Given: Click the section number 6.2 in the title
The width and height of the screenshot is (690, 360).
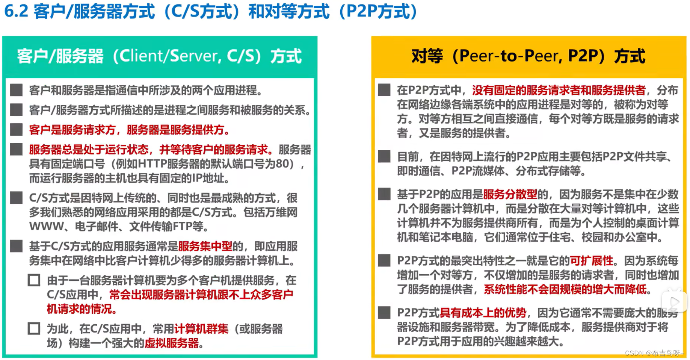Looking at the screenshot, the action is tap(16, 11).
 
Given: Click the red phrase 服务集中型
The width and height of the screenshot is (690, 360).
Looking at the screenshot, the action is tap(205, 247).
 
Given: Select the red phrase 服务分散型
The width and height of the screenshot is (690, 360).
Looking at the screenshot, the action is tap(510, 194).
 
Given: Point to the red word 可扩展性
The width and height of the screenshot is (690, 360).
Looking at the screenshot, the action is tap(592, 261).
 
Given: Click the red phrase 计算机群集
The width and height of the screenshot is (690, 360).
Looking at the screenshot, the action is tap(201, 329).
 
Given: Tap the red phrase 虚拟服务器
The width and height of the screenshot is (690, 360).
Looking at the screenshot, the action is tap(172, 343).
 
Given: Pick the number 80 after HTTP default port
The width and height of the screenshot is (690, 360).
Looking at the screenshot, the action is tap(285, 164).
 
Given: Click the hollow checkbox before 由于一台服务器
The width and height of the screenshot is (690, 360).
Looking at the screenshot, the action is tap(34, 280).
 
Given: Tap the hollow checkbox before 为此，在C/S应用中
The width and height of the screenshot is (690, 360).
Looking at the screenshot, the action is tap(34, 329).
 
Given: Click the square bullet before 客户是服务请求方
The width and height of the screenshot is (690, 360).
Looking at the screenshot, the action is tap(16, 130).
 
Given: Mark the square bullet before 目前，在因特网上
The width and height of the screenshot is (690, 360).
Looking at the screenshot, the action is tap(384, 156).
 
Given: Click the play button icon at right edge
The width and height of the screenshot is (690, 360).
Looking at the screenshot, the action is tap(675, 301).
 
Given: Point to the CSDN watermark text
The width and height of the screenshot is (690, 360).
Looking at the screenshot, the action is tap(654, 353).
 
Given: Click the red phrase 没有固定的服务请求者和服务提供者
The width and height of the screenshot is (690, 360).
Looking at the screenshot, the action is tap(559, 90).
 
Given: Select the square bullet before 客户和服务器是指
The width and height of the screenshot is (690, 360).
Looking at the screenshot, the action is tap(16, 90).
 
